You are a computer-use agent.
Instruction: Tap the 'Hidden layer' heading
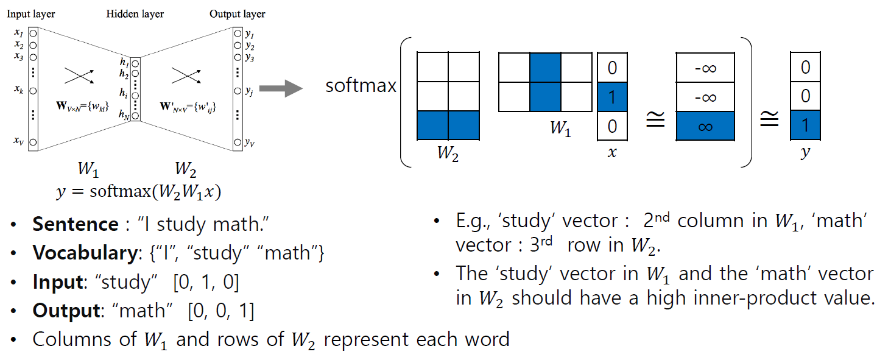135,13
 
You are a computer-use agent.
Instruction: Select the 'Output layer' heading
237,13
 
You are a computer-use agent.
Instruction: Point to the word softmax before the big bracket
361,85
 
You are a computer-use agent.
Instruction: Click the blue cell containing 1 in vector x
611,96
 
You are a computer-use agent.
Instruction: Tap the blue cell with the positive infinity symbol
705,127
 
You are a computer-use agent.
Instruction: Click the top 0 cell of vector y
805,67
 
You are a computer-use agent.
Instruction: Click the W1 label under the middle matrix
560,129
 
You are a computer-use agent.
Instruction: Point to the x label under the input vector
611,153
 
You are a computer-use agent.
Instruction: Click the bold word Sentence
75,224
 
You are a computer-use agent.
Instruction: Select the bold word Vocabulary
83,253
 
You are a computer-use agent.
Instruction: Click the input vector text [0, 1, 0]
206,282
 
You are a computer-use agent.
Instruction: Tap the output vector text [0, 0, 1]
221,311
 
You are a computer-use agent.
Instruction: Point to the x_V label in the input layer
18,141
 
